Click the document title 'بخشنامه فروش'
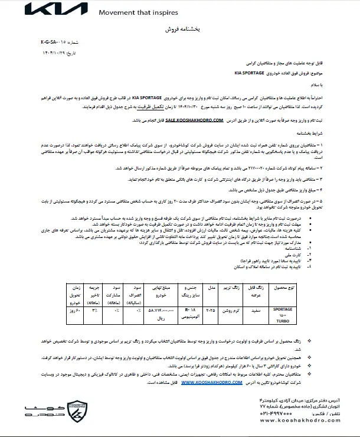point(179,28)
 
